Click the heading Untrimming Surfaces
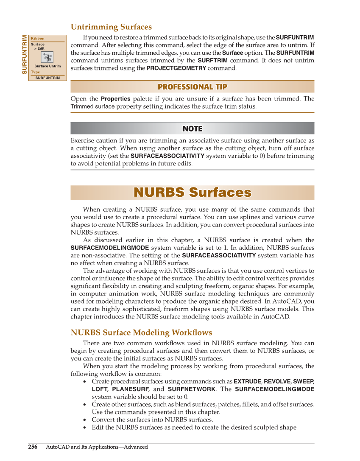coord(111,27)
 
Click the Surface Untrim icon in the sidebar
coord(47,57)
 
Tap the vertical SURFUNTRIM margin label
coord(25,54)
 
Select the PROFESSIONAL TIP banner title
coord(192,87)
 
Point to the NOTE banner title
coord(192,129)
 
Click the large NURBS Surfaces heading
coord(192,193)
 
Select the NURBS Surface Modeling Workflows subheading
coord(141,332)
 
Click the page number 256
coord(33,447)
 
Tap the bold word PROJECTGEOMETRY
coord(176,68)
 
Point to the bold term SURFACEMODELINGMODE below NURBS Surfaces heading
coord(109,248)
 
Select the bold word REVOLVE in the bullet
coord(277,381)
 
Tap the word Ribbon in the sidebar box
coord(37,39)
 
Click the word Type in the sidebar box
coord(35,72)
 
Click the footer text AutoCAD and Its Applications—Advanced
coord(97,447)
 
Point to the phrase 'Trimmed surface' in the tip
coord(92,106)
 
